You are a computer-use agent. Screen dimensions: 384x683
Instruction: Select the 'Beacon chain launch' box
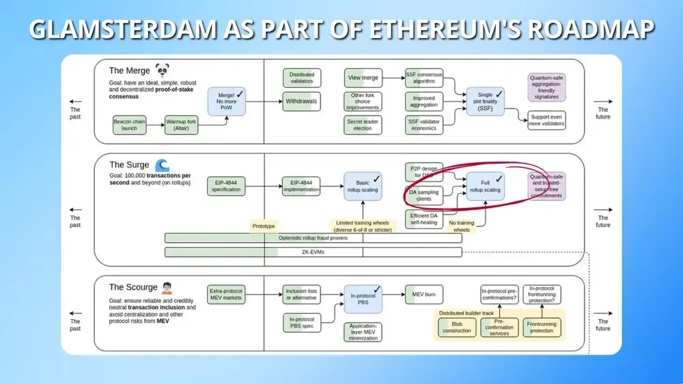tap(130, 125)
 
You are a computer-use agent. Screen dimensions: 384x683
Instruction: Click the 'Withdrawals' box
tap(301, 101)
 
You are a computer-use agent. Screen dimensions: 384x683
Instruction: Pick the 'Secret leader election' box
tap(362, 125)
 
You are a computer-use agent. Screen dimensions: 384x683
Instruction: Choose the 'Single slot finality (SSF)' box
tap(485, 101)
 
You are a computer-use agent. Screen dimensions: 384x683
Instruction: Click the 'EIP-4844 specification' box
tap(226, 186)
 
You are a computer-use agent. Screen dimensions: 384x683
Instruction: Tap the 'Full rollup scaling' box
tap(485, 186)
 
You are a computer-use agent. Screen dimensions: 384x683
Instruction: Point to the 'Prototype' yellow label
tap(264, 225)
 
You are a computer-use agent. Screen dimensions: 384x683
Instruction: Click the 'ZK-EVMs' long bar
tap(313, 252)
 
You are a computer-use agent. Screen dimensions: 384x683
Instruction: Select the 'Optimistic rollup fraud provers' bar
tap(313, 238)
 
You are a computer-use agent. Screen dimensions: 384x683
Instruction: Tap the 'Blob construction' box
tap(457, 327)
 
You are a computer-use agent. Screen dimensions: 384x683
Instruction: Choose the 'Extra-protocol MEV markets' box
tap(226, 294)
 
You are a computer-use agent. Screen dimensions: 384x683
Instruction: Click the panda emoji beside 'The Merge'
tap(162, 70)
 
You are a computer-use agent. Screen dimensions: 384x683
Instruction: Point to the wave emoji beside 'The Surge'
tap(162, 165)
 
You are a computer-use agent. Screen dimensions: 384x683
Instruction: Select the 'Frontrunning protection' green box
tap(542, 327)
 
